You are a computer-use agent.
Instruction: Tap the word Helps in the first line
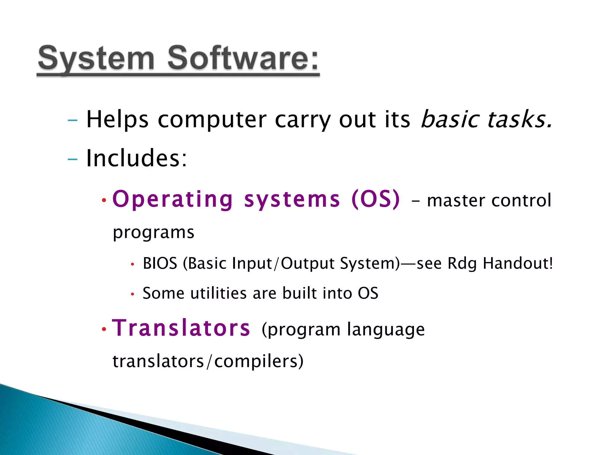tap(117, 119)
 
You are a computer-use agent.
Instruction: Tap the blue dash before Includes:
tap(72, 160)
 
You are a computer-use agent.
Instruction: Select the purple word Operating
tap(173, 200)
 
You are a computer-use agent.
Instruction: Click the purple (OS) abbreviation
tap(376, 199)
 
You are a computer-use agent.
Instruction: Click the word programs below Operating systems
tap(154, 233)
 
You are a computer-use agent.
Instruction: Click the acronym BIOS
tap(160, 263)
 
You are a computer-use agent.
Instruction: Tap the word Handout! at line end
tap(517, 263)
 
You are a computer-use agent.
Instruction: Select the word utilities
tap(219, 293)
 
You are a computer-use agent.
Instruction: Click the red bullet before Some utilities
tap(132, 294)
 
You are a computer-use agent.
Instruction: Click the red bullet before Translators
tap(104, 329)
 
